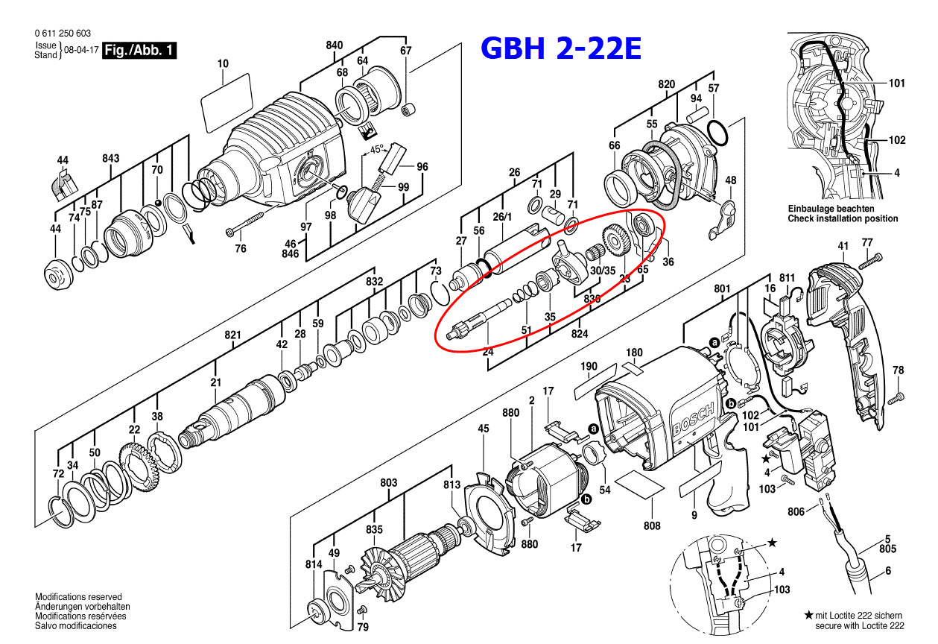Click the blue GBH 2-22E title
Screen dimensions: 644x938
pyautogui.click(x=560, y=48)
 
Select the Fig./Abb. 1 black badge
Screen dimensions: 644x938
pyautogui.click(x=139, y=51)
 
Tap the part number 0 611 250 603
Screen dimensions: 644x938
pyautogui.click(x=63, y=33)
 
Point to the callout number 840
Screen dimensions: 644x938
pyautogui.click(x=335, y=45)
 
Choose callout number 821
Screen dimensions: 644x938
pyautogui.click(x=233, y=335)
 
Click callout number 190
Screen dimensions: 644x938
pyautogui.click(x=589, y=366)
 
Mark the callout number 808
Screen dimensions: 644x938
pyautogui.click(x=652, y=525)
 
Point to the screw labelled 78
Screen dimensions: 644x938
pyautogui.click(x=897, y=395)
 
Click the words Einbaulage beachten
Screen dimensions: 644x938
pyautogui.click(x=831, y=209)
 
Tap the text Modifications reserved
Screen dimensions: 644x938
pyautogui.click(x=78, y=597)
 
